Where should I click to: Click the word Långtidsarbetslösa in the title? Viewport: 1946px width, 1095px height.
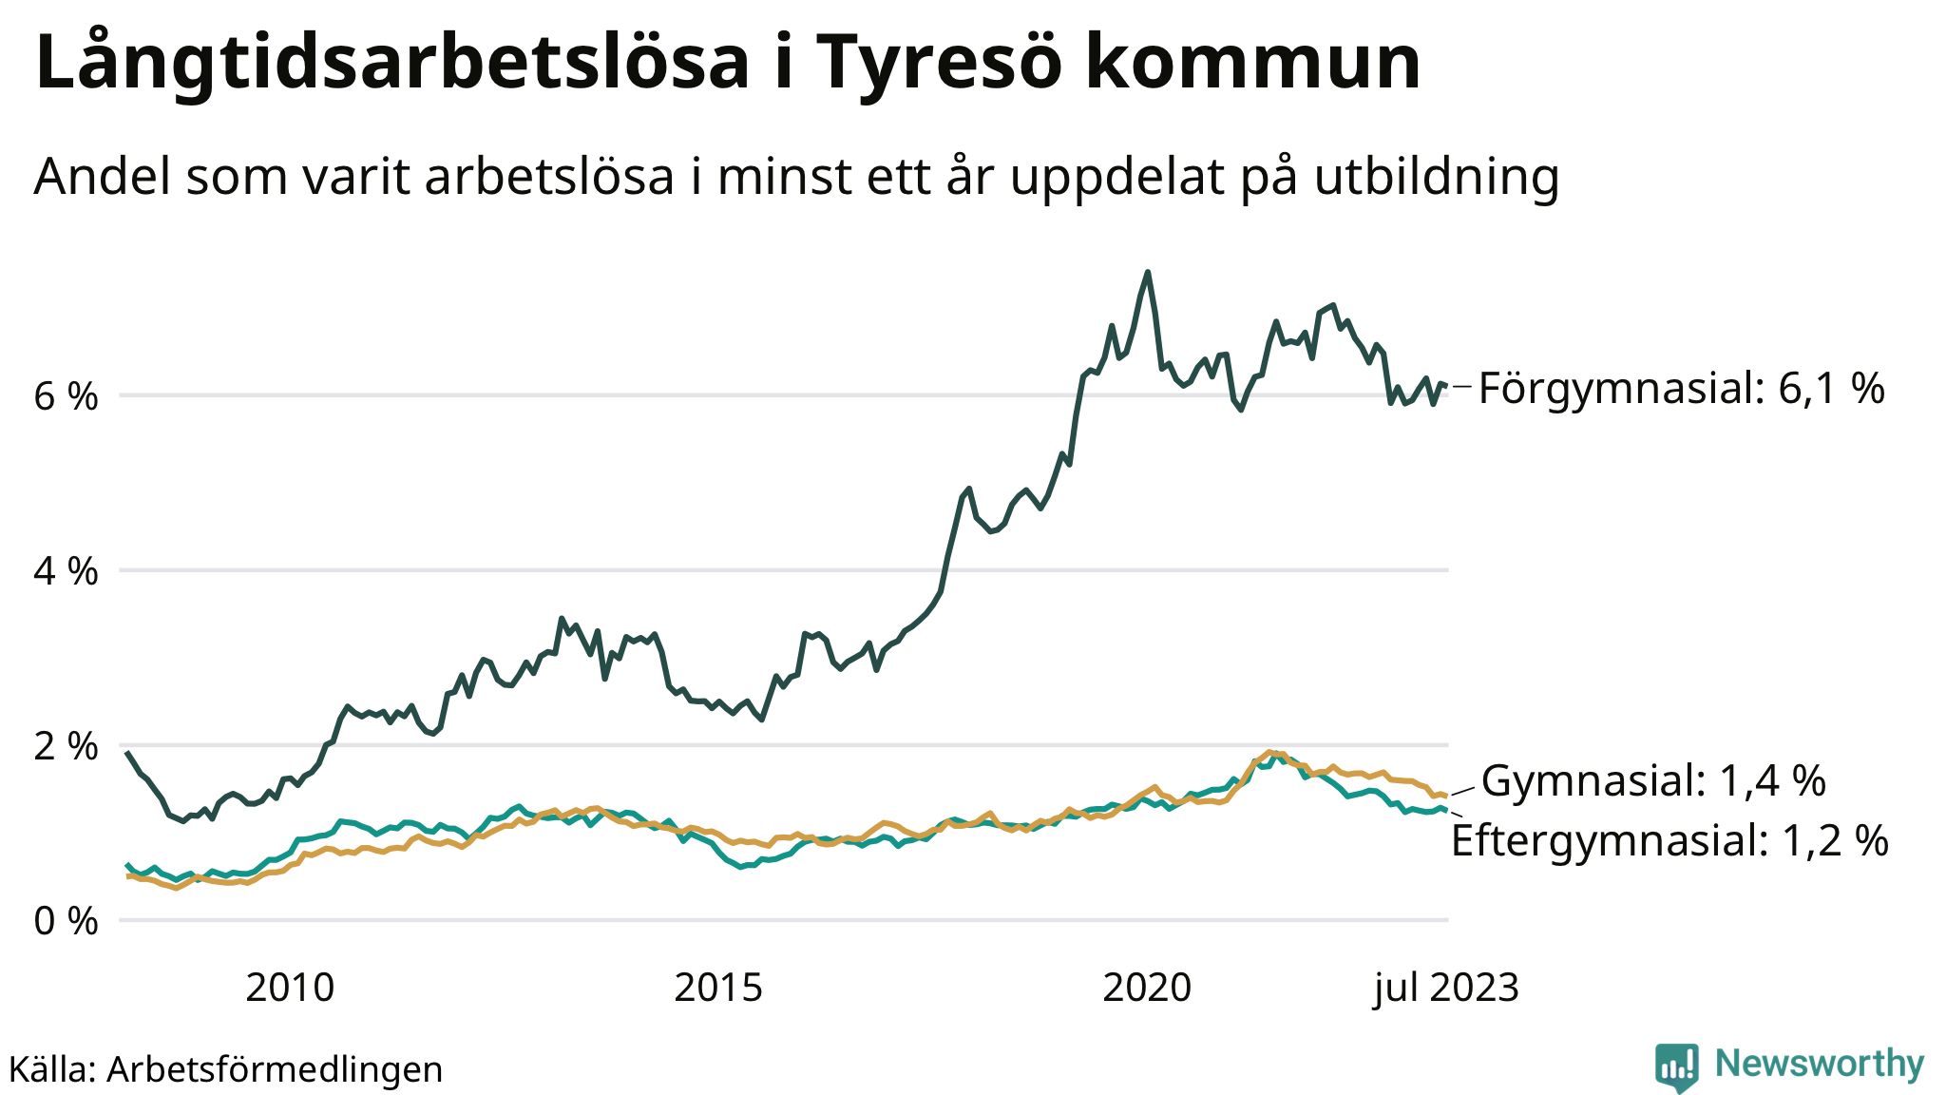click(x=392, y=63)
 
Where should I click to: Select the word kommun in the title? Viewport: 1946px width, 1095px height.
click(x=1252, y=63)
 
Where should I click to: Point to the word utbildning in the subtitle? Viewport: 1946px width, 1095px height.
click(x=1437, y=177)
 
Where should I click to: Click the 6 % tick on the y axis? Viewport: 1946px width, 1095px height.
click(x=66, y=396)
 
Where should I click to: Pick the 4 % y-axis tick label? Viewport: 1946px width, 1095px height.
click(x=66, y=571)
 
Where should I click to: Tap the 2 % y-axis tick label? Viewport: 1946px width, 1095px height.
click(x=66, y=746)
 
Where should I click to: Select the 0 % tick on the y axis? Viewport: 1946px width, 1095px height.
click(x=66, y=921)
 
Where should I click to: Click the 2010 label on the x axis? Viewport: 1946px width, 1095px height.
click(x=290, y=989)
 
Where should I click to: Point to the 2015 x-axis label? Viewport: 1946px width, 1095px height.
click(x=718, y=989)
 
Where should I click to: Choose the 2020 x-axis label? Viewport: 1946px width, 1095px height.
click(x=1147, y=989)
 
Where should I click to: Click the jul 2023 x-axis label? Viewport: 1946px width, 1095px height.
click(x=1446, y=989)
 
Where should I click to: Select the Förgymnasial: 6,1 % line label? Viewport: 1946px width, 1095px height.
click(x=1681, y=389)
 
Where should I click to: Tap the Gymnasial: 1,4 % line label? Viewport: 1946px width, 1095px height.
click(x=1653, y=781)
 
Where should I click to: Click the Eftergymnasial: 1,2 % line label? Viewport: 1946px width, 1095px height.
click(x=1669, y=841)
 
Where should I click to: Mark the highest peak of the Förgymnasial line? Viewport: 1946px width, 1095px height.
click(x=1148, y=273)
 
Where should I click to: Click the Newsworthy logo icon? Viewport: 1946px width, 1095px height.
click(x=1676, y=1066)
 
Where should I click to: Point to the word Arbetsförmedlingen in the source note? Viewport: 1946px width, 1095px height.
click(x=275, y=1069)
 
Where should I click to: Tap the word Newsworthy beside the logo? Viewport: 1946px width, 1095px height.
click(x=1820, y=1064)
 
